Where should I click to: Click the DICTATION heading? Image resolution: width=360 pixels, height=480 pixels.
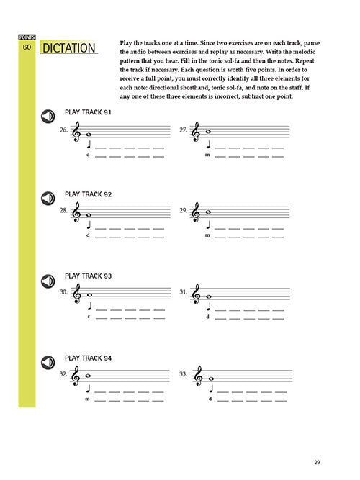pyautogui.click(x=69, y=48)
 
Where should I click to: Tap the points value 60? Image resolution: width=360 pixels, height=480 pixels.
pyautogui.click(x=27, y=47)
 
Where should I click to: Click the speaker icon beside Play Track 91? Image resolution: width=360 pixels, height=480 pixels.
pyautogui.click(x=48, y=117)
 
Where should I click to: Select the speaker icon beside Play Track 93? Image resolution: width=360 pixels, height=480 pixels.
pyautogui.click(x=48, y=281)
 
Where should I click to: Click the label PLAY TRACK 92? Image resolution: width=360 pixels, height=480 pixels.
pyautogui.click(x=89, y=194)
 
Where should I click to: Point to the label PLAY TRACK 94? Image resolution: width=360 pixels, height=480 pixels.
pyautogui.click(x=89, y=358)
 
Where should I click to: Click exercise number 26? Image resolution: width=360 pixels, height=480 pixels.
pyautogui.click(x=63, y=130)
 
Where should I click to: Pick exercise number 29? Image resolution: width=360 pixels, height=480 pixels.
pyautogui.click(x=183, y=210)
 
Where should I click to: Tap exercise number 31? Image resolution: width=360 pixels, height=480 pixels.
pyautogui.click(x=183, y=292)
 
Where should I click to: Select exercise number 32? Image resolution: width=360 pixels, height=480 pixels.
pyautogui.click(x=63, y=374)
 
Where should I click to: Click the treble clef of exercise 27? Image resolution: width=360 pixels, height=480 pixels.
pyautogui.click(x=195, y=132)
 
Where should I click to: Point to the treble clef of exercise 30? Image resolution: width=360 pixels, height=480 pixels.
pyautogui.click(x=76, y=294)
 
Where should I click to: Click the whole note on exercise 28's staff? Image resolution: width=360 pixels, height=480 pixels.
pyautogui.click(x=89, y=215)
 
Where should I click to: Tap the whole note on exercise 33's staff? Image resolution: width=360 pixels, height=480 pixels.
pyautogui.click(x=211, y=379)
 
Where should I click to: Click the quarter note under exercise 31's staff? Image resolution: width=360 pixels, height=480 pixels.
pyautogui.click(x=209, y=307)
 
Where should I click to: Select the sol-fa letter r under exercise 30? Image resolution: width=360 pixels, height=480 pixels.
pyautogui.click(x=89, y=317)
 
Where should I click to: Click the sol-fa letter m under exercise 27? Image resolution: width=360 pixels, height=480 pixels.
pyautogui.click(x=207, y=155)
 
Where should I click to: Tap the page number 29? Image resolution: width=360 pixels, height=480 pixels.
pyautogui.click(x=317, y=462)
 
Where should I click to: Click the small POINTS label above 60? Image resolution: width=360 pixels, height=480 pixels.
pyautogui.click(x=27, y=37)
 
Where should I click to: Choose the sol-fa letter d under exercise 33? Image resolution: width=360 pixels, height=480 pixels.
pyautogui.click(x=210, y=399)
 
